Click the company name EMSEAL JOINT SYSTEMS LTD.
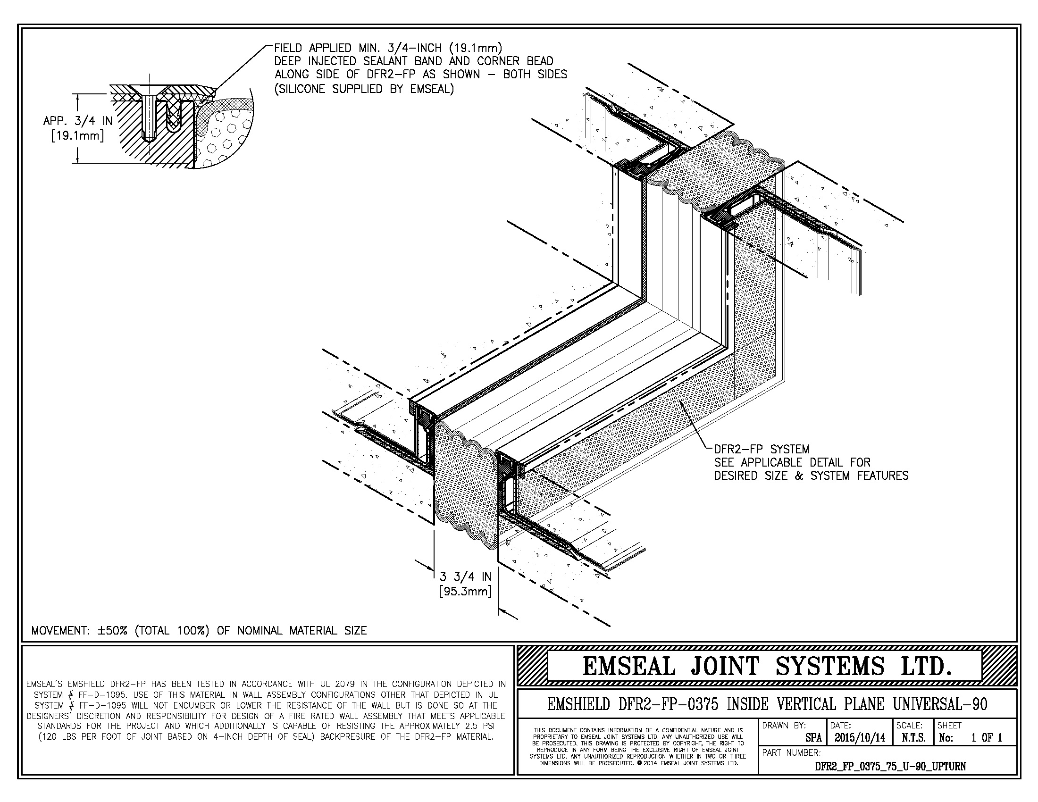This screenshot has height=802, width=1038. pyautogui.click(x=767, y=666)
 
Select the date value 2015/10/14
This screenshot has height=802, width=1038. pyautogui.click(x=860, y=738)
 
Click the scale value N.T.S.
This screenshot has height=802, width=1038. pyautogui.click(x=912, y=738)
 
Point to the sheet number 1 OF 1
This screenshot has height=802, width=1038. pyautogui.click(x=987, y=738)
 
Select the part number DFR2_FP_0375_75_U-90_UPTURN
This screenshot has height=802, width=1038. pyautogui.click(x=890, y=766)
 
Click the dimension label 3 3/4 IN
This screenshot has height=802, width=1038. pyautogui.click(x=465, y=577)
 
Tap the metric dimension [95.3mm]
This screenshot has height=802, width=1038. pyautogui.click(x=465, y=592)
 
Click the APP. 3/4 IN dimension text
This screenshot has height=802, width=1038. pyautogui.click(x=78, y=121)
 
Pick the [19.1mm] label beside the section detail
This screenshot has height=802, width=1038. pyautogui.click(x=78, y=136)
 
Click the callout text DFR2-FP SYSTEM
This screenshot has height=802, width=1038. pyautogui.click(x=762, y=449)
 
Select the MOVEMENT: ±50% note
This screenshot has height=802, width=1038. pyautogui.click(x=199, y=631)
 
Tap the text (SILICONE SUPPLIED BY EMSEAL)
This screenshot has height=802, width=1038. pyautogui.click(x=364, y=89)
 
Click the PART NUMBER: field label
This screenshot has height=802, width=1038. pyautogui.click(x=791, y=752)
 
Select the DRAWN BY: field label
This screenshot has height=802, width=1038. pyautogui.click(x=784, y=726)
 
